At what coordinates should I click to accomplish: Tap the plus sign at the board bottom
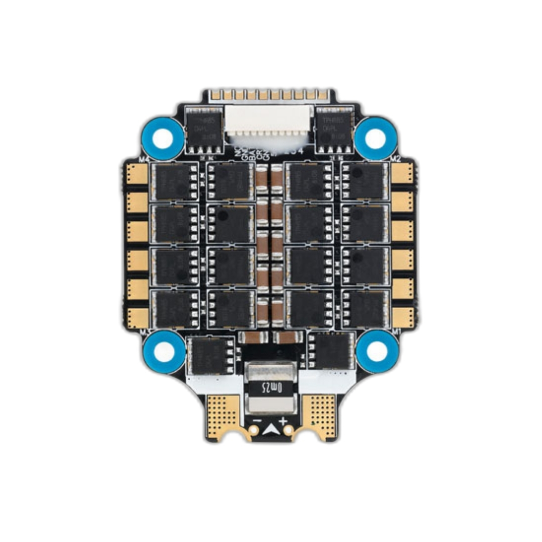284,420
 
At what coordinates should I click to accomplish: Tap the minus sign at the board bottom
257,420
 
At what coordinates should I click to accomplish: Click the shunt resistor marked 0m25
271,387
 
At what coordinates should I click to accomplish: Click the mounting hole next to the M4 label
162,139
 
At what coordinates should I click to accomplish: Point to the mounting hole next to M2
375,138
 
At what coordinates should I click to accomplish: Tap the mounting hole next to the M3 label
164,351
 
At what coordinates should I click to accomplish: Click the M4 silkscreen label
144,160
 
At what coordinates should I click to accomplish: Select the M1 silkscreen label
396,331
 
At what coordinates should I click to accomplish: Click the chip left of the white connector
203,129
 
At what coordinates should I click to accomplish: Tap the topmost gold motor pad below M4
137,173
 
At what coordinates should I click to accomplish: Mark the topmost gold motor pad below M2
402,173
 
